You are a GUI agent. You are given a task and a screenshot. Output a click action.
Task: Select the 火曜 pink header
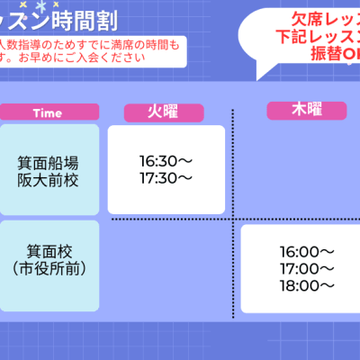pyautogui.click(x=165, y=112)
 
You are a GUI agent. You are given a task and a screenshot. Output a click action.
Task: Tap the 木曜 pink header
pyautogui.click(x=307, y=110)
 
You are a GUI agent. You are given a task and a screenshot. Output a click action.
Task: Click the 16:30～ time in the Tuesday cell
pyautogui.click(x=166, y=161)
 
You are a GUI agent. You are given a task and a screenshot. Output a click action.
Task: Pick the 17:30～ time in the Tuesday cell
pyautogui.click(x=166, y=178)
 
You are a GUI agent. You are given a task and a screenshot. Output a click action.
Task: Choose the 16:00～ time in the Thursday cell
pyautogui.click(x=307, y=252)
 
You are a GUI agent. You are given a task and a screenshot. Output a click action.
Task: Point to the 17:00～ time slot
pyautogui.click(x=307, y=268)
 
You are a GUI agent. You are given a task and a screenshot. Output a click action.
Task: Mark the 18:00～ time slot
pyautogui.click(x=307, y=285)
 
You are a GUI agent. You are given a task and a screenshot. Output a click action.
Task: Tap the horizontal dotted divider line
pyautogui.click(x=171, y=219)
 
